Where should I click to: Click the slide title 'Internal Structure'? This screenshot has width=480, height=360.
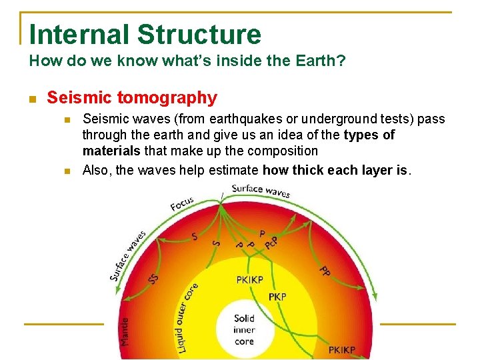coord(145,34)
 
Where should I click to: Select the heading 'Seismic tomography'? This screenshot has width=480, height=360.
coord(132,98)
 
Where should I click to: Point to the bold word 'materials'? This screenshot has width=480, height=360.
coord(111,151)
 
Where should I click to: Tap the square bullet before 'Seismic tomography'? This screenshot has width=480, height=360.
coord(33,99)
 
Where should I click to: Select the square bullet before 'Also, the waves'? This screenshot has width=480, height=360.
coord(67,171)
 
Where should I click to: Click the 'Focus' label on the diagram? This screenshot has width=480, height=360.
coord(182,203)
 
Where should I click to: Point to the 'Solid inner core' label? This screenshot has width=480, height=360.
coord(244,330)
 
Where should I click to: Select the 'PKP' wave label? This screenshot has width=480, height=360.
coord(277,296)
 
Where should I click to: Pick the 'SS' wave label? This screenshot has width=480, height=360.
coord(153,279)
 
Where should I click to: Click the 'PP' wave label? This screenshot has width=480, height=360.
coord(324,271)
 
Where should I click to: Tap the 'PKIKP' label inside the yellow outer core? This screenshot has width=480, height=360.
coord(250,280)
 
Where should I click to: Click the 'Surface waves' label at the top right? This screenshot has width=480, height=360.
coord(261,191)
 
